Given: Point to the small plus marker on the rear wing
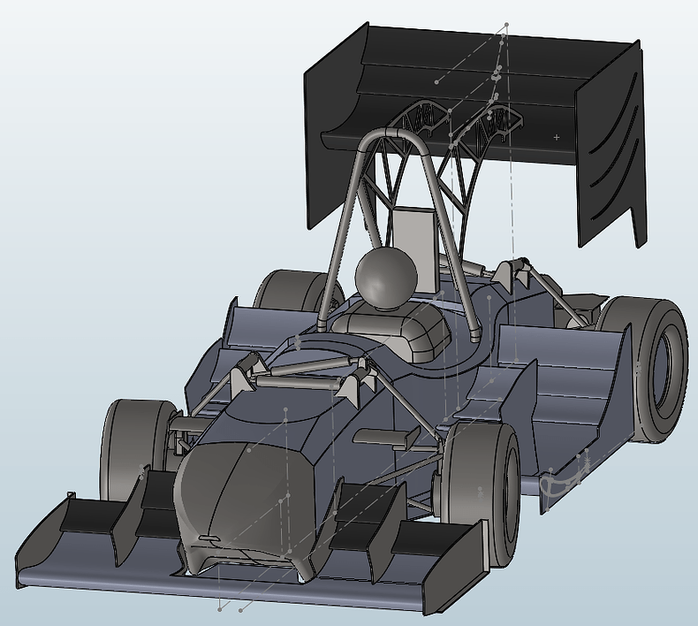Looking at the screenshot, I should click(557, 137).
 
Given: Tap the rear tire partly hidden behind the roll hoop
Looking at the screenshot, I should click(287, 292).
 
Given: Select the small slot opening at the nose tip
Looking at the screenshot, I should click(209, 538).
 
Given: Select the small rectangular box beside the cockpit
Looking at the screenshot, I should click(384, 437).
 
